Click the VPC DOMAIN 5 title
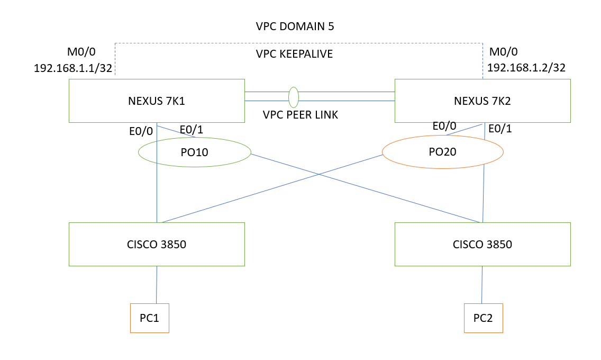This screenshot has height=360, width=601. click(295, 26)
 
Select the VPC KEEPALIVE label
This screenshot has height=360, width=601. click(294, 53)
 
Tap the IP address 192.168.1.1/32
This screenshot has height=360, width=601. click(73, 68)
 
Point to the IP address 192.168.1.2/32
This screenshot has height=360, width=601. click(526, 68)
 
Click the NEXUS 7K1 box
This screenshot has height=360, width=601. click(157, 101)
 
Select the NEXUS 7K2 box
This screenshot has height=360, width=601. click(482, 101)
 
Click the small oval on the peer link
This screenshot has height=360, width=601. click(294, 96)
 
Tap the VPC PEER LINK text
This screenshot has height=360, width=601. click(300, 114)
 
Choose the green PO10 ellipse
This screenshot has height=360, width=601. click(194, 152)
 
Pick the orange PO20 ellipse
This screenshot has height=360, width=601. click(442, 152)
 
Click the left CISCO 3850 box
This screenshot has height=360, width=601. click(157, 244)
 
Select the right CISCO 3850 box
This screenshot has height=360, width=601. click(482, 244)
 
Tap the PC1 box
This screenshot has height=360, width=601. click(150, 318)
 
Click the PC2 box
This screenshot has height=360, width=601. click(483, 318)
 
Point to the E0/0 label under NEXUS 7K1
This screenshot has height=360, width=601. click(141, 132)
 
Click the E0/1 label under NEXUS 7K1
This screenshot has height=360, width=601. click(192, 130)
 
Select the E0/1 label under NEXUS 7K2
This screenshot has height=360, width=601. click(500, 129)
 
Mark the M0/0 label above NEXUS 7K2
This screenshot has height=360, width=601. click(504, 52)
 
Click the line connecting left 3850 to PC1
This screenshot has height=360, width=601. click(157, 284)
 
